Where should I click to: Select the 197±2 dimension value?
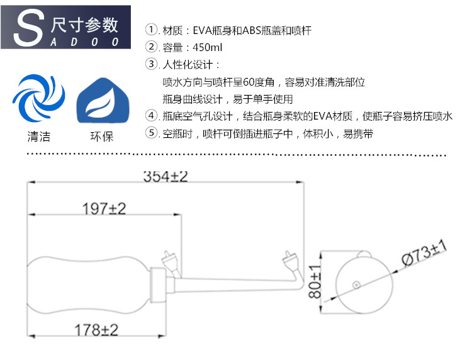[x=104, y=209]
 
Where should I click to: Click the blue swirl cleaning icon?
[x=38, y=99]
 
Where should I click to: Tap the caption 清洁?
[x=38, y=137]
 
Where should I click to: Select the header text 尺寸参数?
[x=85, y=25]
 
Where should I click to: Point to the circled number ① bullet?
[x=151, y=30]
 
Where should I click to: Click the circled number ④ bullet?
[x=151, y=116]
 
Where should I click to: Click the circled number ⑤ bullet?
[x=151, y=133]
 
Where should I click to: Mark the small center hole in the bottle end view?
[x=357, y=285]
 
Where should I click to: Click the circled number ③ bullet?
[x=151, y=64]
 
